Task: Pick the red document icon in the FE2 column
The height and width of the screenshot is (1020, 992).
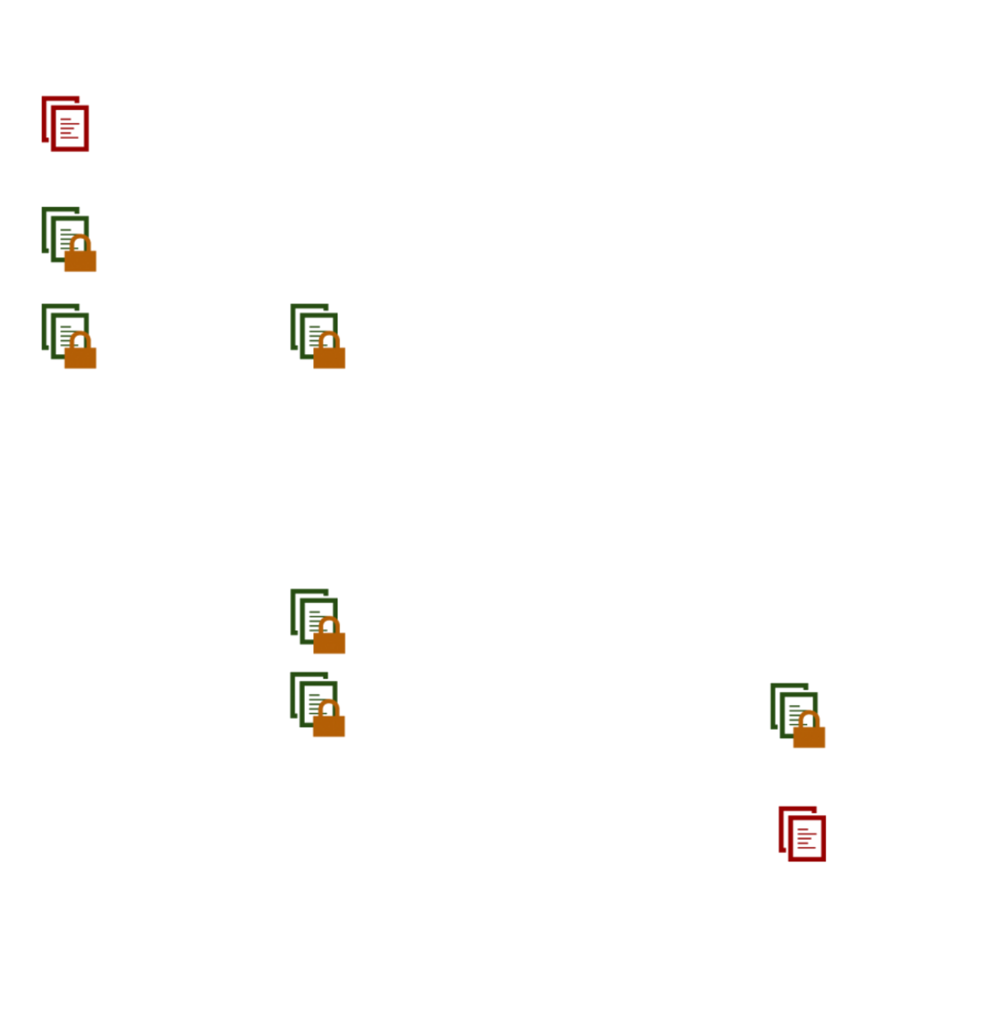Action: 65,123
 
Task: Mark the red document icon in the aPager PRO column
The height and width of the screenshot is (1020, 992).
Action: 802,833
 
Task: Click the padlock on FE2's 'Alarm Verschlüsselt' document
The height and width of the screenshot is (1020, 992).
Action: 81,255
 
